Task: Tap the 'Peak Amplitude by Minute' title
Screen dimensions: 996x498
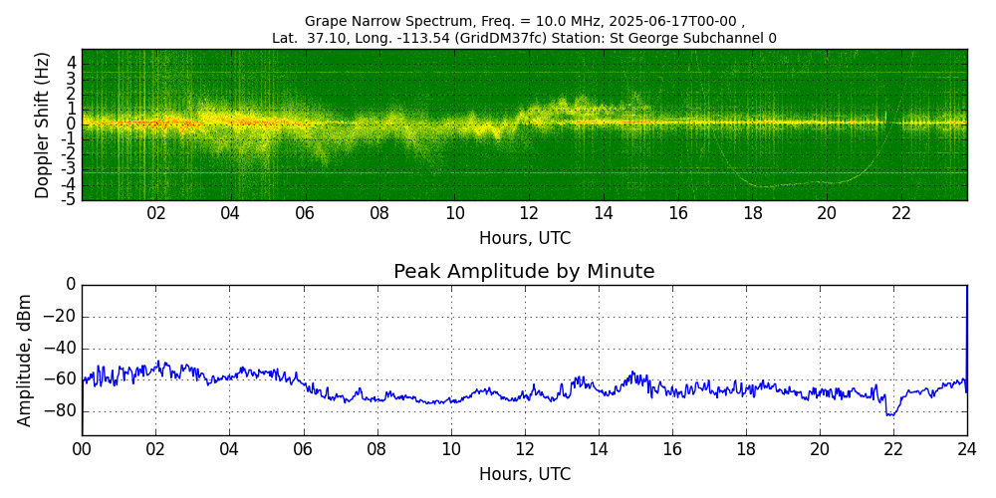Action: pyautogui.click(x=524, y=272)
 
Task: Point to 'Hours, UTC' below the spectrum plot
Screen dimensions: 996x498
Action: pyautogui.click(x=525, y=239)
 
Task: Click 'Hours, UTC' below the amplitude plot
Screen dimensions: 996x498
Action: pyautogui.click(x=525, y=474)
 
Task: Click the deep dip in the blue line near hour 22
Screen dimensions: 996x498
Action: pyautogui.click(x=891, y=414)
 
